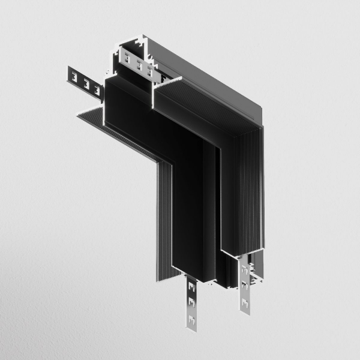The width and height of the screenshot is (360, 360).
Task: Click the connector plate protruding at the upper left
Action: [83, 81]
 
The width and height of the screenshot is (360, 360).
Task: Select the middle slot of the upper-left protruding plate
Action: [85, 82]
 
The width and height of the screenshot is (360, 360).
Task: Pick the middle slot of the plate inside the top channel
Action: [138, 65]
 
